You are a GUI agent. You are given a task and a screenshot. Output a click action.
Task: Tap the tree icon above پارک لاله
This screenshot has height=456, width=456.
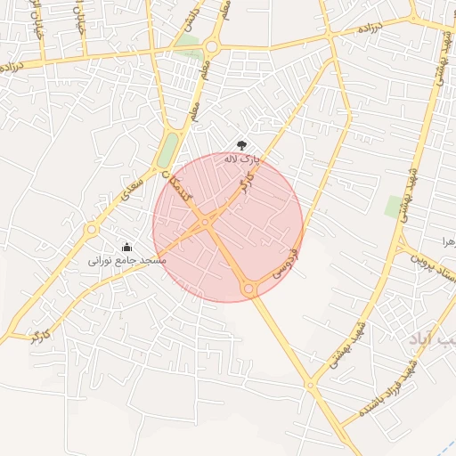tap(241, 145)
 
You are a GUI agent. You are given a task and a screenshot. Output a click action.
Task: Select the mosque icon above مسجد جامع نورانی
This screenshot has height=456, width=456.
tap(126, 248)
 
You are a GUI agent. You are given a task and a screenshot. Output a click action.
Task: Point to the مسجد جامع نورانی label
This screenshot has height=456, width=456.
tap(126, 262)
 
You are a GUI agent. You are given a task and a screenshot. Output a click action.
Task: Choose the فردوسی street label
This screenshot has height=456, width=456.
tap(285, 265)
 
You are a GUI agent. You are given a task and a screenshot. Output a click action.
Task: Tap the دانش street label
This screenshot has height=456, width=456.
tap(194, 17)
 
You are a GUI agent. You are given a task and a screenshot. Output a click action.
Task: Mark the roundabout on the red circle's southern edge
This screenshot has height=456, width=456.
tap(249, 289)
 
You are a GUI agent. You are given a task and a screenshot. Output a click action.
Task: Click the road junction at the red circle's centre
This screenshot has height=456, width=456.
tap(206, 222)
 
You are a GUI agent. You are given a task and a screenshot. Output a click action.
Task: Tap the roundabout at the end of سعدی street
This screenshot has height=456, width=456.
tap(91, 230)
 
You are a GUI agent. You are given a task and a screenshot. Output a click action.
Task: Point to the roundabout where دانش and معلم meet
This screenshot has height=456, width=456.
tap(211, 46)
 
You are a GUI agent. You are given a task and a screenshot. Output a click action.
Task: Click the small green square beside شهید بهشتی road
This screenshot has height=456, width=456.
tap(393, 206)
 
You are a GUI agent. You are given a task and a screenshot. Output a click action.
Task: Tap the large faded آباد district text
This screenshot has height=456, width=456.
tap(426, 339)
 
